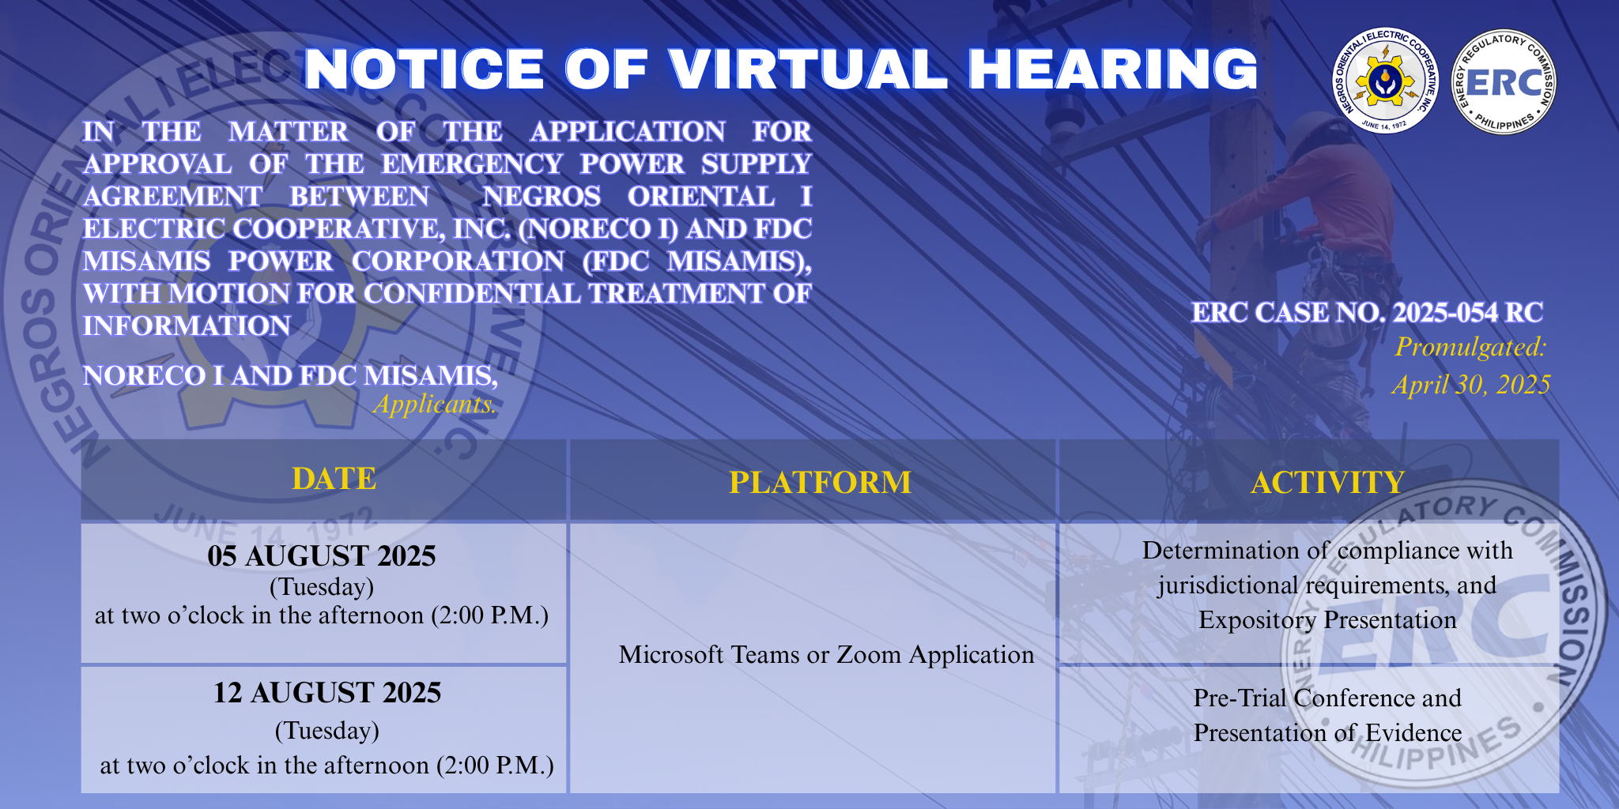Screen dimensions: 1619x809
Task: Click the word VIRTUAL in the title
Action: (x=808, y=69)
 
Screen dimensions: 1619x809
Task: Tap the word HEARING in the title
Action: (x=1113, y=69)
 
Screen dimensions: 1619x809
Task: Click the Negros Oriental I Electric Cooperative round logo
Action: (x=1386, y=82)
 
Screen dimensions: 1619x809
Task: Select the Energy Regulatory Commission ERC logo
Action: (x=1504, y=82)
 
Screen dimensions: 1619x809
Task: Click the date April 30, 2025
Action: (x=1470, y=385)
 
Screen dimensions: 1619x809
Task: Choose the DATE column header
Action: (x=334, y=479)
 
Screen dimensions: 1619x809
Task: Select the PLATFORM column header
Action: (x=820, y=482)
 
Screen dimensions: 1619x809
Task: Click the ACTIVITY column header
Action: (x=1327, y=482)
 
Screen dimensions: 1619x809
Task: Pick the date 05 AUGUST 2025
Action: (x=322, y=556)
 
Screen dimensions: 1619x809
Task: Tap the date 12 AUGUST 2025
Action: (x=327, y=693)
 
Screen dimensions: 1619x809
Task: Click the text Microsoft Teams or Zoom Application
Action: (x=826, y=655)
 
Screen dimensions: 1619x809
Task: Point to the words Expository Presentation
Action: (x=1327, y=620)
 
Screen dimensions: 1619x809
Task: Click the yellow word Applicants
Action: (x=436, y=404)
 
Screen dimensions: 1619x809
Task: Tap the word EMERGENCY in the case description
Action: (x=472, y=164)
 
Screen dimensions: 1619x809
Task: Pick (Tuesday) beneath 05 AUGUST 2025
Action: (x=322, y=587)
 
